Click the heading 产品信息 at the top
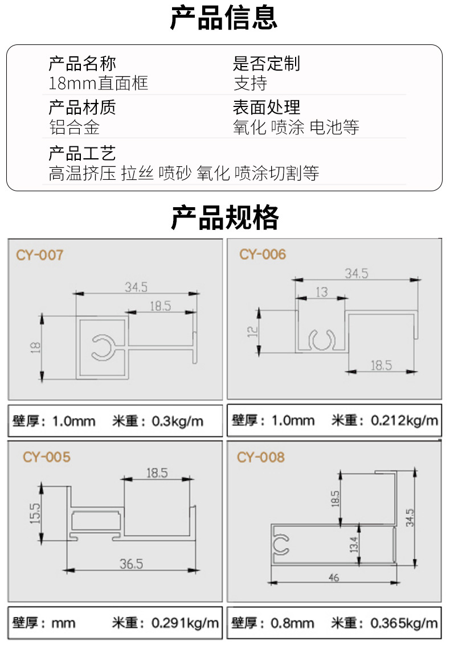click(x=224, y=18)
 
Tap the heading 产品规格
click(x=225, y=217)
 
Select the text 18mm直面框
click(x=98, y=83)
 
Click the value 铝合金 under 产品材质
click(x=74, y=127)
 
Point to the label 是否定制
click(x=267, y=63)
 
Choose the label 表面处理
click(x=267, y=108)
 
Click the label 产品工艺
click(x=82, y=153)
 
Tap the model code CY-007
click(x=40, y=255)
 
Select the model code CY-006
click(x=263, y=254)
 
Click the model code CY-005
click(x=47, y=457)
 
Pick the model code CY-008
click(x=261, y=457)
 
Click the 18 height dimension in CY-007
click(x=35, y=347)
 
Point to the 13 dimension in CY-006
click(x=322, y=292)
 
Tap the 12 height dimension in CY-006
click(x=252, y=332)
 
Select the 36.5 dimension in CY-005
click(x=131, y=563)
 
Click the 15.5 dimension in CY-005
click(x=35, y=513)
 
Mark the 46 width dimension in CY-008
click(x=334, y=578)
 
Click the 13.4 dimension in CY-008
click(x=354, y=544)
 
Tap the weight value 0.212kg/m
click(x=404, y=420)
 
